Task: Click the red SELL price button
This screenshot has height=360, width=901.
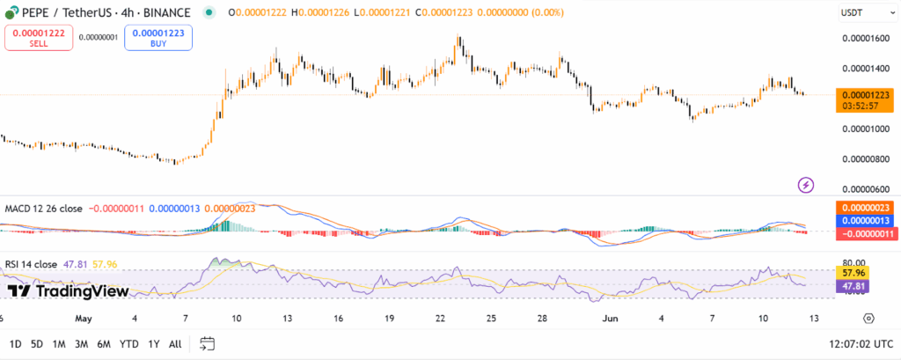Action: (37, 37)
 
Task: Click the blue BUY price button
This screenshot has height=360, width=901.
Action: (157, 37)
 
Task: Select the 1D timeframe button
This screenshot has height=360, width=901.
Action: (15, 343)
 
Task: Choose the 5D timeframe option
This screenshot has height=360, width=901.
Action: (37, 343)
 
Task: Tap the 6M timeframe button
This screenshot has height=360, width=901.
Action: (104, 343)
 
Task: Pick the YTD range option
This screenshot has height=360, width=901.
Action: (128, 343)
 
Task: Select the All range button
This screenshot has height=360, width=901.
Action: (175, 343)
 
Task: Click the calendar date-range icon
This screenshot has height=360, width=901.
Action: (208, 343)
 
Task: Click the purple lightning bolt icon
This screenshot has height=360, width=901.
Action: (805, 185)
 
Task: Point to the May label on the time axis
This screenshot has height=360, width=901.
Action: (84, 318)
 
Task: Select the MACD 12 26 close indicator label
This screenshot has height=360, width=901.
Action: (44, 209)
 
